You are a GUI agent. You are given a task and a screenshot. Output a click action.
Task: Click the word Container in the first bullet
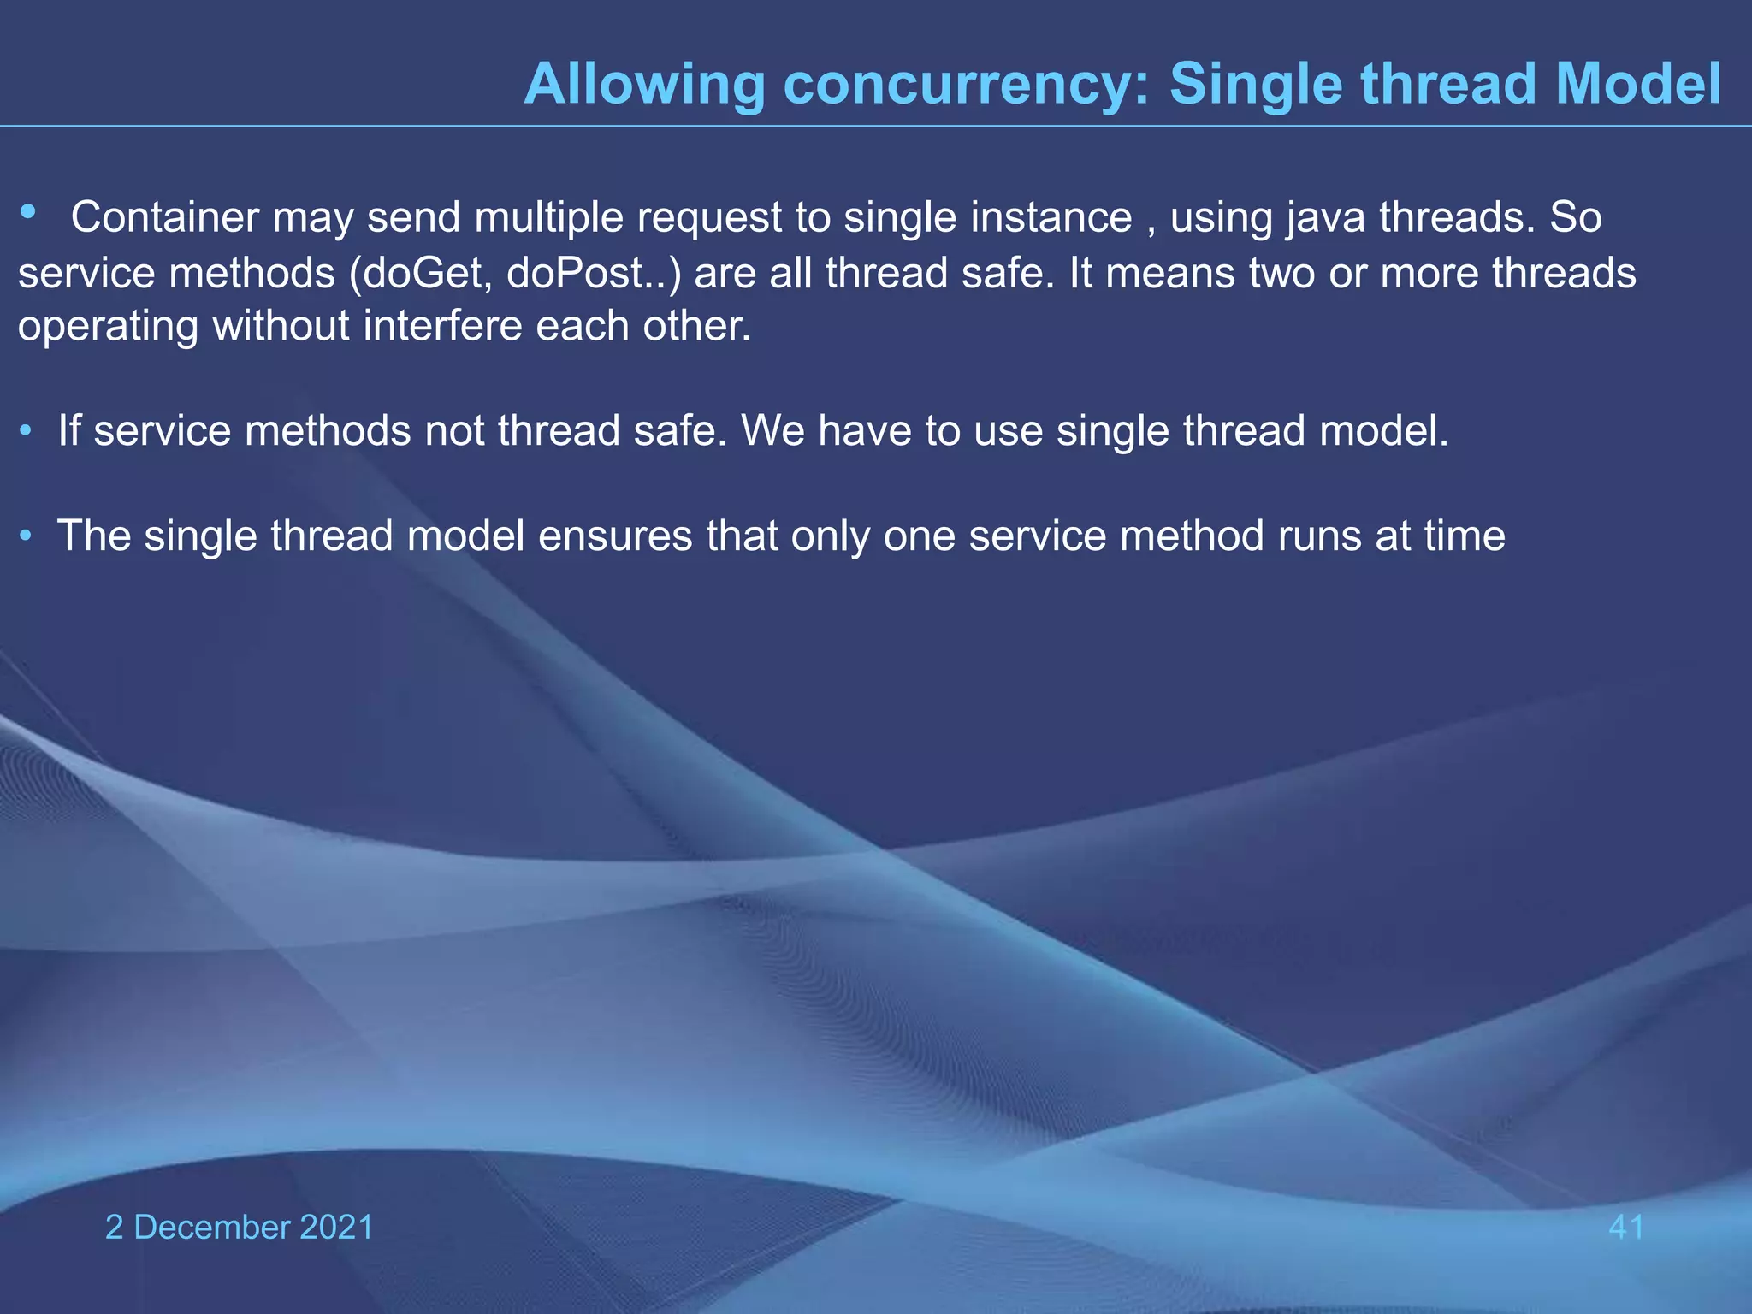click(164, 217)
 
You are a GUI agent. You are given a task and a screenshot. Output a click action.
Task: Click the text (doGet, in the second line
click(420, 274)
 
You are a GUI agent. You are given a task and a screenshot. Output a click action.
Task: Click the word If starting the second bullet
click(68, 430)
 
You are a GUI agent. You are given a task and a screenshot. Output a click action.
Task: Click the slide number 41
click(1626, 1228)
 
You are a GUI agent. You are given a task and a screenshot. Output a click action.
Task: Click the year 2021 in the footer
click(337, 1228)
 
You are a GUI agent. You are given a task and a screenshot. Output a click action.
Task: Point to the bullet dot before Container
click(28, 211)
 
